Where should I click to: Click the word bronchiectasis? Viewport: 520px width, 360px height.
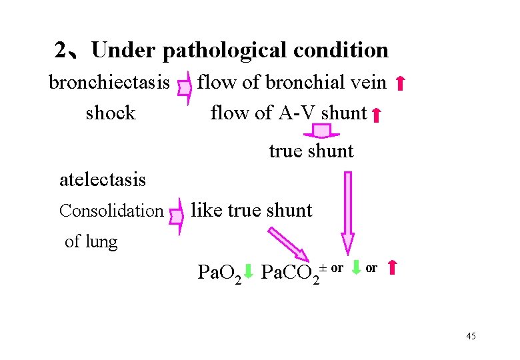click(109, 83)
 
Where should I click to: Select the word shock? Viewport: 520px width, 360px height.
click(111, 113)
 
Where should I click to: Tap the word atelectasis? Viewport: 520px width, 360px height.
click(103, 179)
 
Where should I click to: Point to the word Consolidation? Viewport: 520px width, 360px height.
click(111, 211)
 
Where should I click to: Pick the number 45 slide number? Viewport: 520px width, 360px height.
click(471, 335)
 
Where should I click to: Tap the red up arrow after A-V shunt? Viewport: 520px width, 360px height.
click(376, 115)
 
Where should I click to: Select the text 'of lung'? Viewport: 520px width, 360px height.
click(91, 241)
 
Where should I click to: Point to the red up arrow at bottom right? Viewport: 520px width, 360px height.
click(392, 269)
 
